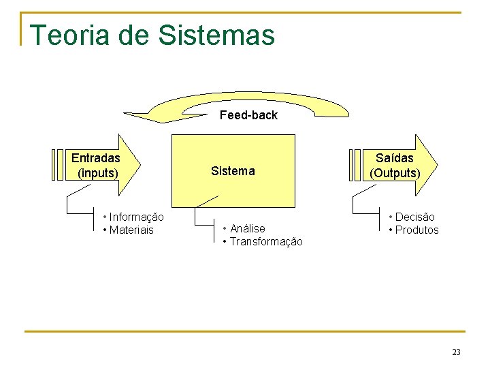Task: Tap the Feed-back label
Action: (248, 115)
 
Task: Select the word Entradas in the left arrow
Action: (96, 158)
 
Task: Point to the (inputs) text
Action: (98, 173)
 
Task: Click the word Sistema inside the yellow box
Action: (233, 171)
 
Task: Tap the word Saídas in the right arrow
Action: (395, 158)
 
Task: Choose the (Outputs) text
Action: (395, 173)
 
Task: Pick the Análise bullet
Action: (247, 228)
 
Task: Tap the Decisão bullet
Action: (414, 217)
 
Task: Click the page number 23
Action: (456, 352)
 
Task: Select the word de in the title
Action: (134, 35)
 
